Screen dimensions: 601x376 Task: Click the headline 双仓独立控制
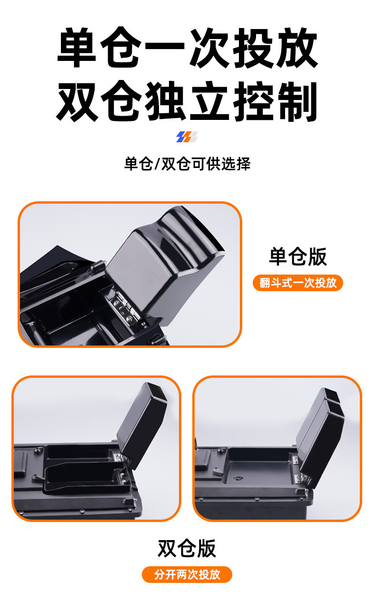[x=188, y=101]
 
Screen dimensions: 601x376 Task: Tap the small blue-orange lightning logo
[x=187, y=138]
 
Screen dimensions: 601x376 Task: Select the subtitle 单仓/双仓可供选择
[x=187, y=164]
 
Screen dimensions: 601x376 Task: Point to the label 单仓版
[x=298, y=256]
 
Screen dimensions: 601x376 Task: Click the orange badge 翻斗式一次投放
[x=298, y=283]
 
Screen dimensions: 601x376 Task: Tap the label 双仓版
[x=187, y=548]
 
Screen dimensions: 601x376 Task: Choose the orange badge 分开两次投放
[x=187, y=574]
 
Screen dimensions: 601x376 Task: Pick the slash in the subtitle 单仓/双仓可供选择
[x=158, y=164]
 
